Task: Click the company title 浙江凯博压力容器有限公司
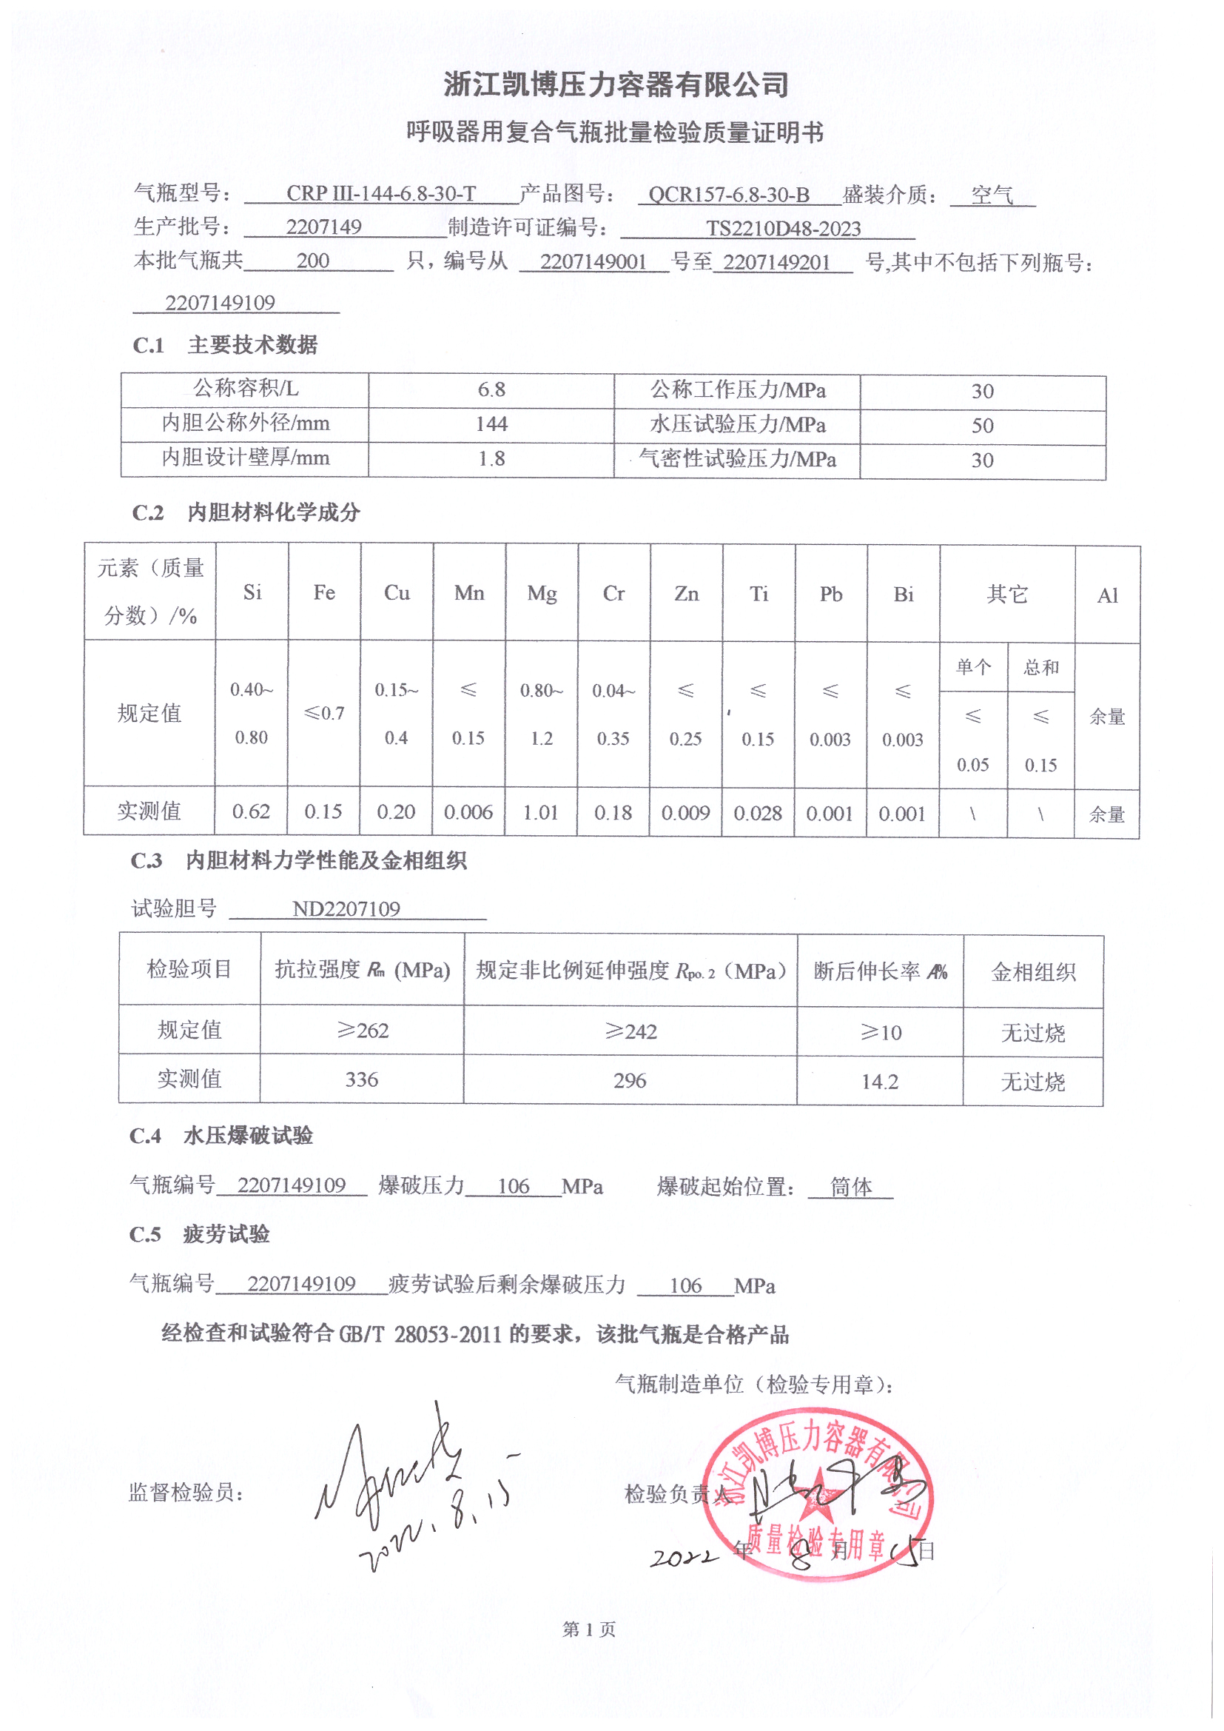616,84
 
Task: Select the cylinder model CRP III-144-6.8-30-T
380,194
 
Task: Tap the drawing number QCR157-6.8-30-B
729,195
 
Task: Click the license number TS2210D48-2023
783,229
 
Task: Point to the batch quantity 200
313,261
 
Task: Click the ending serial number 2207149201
776,262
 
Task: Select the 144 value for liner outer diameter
491,424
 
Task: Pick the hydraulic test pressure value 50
982,426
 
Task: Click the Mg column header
541,594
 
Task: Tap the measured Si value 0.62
251,812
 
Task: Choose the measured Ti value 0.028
758,814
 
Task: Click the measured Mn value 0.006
468,813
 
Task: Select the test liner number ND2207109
346,909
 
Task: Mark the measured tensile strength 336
362,1079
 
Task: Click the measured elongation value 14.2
880,1082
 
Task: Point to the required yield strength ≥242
631,1031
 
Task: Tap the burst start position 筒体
851,1188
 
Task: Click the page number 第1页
588,1630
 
